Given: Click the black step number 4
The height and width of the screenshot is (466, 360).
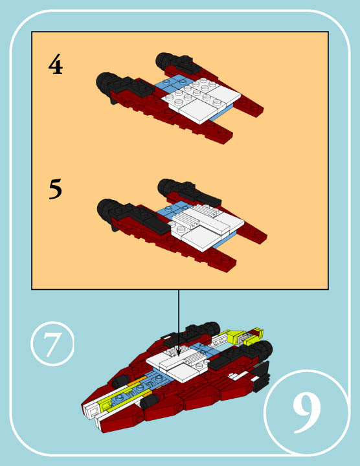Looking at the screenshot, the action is click(x=56, y=64).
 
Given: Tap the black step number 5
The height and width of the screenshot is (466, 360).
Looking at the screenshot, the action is click(x=56, y=189).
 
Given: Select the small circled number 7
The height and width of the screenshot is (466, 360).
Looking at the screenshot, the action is click(x=52, y=344).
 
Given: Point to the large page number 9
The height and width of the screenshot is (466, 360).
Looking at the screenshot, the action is click(x=307, y=413).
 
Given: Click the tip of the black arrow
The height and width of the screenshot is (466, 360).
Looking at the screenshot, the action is click(x=179, y=356).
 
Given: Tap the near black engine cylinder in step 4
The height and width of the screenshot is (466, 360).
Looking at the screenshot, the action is click(x=106, y=83).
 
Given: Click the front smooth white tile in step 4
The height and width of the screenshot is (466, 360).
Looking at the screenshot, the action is click(x=198, y=111).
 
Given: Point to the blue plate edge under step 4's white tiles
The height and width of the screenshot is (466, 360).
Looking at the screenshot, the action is click(x=221, y=113).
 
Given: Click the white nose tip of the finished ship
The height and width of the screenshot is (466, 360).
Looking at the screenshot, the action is click(x=91, y=412).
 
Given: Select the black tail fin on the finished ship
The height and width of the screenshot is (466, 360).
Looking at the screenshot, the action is click(x=262, y=376).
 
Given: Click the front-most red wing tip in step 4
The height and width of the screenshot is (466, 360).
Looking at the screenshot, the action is click(x=223, y=136).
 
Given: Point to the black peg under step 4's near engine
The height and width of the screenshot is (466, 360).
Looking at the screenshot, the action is click(x=113, y=101).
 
